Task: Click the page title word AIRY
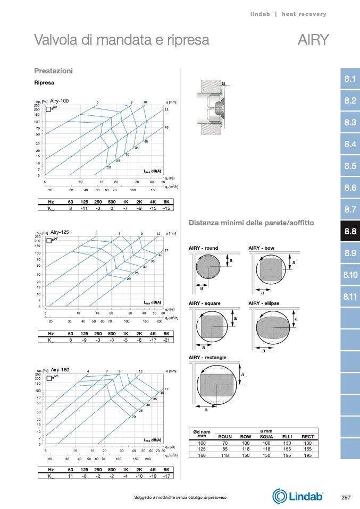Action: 313,40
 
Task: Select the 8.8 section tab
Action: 350,231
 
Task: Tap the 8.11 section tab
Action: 350,296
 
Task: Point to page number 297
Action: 345,497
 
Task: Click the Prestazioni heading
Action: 53,71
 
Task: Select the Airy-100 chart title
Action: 60,101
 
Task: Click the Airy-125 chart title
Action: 60,232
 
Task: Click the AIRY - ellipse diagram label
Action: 264,303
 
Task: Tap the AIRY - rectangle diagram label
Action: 207,357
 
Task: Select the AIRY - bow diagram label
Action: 262,248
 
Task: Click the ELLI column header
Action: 287,437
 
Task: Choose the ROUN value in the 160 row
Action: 225,455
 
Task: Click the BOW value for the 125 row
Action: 246,449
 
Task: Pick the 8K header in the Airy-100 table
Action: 166,202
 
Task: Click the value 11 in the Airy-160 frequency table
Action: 71,476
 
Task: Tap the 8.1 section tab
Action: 350,80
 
